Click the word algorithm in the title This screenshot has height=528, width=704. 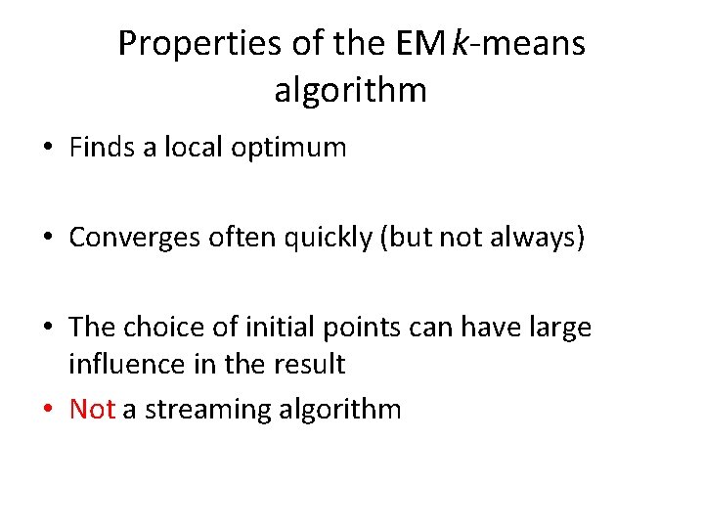[x=351, y=90]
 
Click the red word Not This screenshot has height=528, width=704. [x=93, y=409]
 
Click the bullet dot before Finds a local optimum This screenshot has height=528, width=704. [x=47, y=149]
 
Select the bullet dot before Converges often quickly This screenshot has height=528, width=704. [x=47, y=239]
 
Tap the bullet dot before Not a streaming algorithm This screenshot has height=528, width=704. [x=47, y=410]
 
